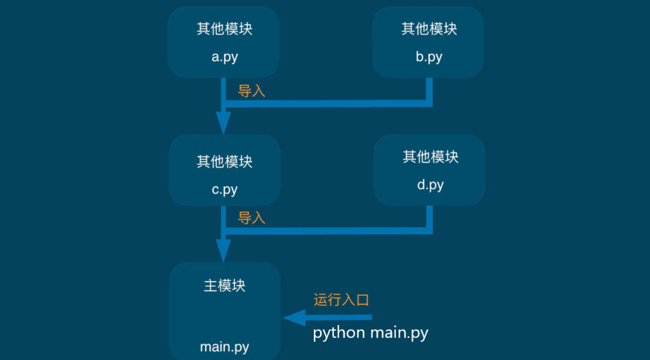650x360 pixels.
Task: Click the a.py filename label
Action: pyautogui.click(x=224, y=57)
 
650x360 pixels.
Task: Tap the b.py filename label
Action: pyautogui.click(x=429, y=57)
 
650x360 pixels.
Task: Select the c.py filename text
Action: pyautogui.click(x=224, y=189)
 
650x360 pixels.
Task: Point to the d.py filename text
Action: pyautogui.click(x=430, y=185)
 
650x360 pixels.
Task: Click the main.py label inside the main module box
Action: pyautogui.click(x=224, y=346)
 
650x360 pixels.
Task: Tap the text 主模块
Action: pyautogui.click(x=224, y=286)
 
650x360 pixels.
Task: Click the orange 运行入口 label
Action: pyautogui.click(x=341, y=300)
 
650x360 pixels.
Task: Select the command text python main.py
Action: pyautogui.click(x=371, y=333)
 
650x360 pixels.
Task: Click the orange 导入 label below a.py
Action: pyautogui.click(x=252, y=91)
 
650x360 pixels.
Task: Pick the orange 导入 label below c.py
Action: pyautogui.click(x=252, y=218)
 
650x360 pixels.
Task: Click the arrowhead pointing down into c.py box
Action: pyautogui.click(x=224, y=122)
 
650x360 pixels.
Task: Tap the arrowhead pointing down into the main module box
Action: pyautogui.click(x=224, y=250)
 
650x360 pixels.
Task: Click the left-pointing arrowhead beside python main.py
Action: pyautogui.click(x=293, y=318)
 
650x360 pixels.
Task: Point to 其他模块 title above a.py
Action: pyautogui.click(x=224, y=29)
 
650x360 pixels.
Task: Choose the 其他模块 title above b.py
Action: pyautogui.click(x=429, y=29)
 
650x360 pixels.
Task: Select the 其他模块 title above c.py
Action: pyautogui.click(x=224, y=162)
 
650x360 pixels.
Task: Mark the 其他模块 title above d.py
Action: pyautogui.click(x=430, y=157)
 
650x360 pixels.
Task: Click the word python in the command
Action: pyautogui.click(x=339, y=333)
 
